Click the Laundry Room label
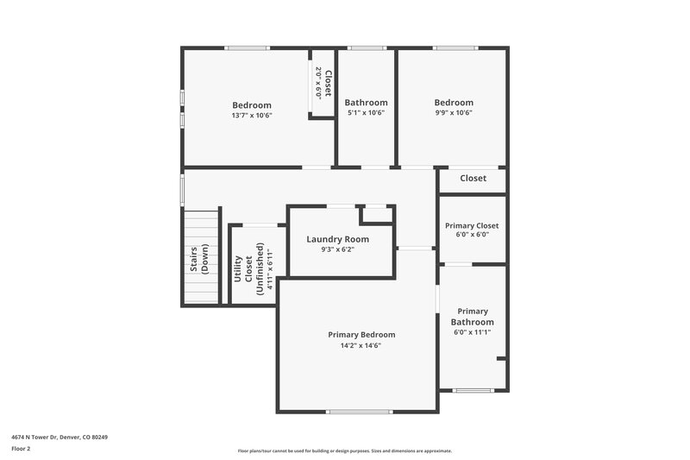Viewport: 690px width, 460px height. (x=338, y=239)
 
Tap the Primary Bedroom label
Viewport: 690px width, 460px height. (x=361, y=334)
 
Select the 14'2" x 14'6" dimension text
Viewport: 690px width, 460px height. (x=361, y=345)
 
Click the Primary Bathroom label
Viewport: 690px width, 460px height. (x=472, y=317)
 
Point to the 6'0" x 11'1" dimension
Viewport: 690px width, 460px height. (x=472, y=332)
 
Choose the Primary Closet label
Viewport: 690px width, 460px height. (x=472, y=225)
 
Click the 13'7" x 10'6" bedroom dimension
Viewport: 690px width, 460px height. (x=251, y=115)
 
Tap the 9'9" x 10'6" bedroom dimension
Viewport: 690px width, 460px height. (x=454, y=112)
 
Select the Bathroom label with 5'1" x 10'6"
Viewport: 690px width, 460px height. (x=367, y=102)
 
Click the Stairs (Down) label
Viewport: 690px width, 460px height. (x=199, y=260)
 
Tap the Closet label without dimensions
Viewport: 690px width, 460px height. (x=473, y=179)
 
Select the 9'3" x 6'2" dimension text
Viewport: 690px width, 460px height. (x=338, y=250)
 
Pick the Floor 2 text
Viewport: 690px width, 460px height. (x=20, y=449)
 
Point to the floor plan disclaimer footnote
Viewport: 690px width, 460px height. (x=344, y=451)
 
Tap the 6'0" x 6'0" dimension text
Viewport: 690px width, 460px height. (x=472, y=234)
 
